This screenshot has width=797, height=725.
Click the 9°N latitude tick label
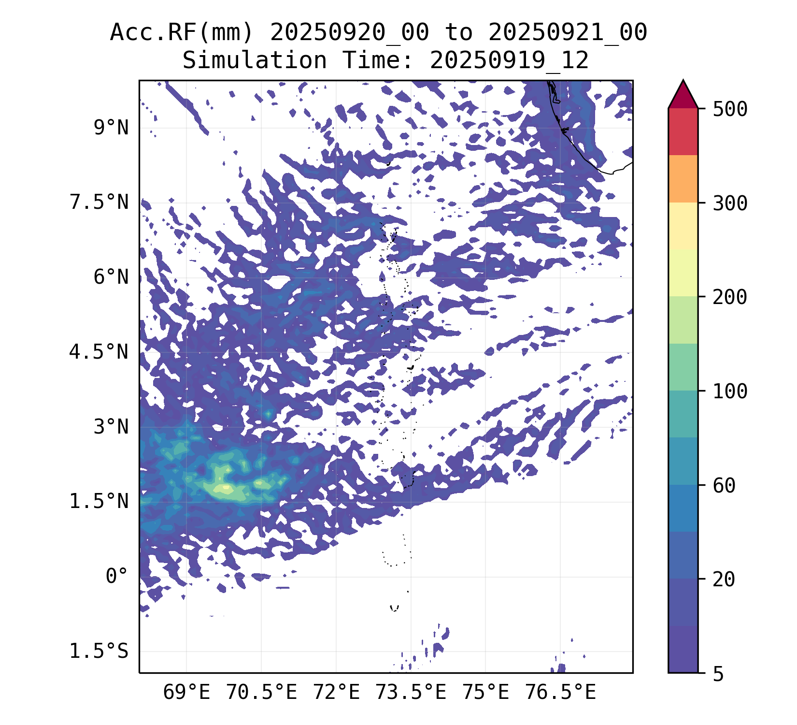coord(111,129)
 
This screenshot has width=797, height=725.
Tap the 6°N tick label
coord(111,277)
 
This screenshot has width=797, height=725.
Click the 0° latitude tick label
coord(117,576)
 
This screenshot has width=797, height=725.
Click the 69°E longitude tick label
coord(186,693)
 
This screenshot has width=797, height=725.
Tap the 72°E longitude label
coord(336,693)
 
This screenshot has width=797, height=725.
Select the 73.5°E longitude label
coord(411,693)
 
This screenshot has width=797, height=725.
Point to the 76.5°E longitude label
coord(560,693)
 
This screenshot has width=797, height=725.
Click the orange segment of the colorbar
coord(683,178)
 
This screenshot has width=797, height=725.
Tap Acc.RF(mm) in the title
coord(181,33)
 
